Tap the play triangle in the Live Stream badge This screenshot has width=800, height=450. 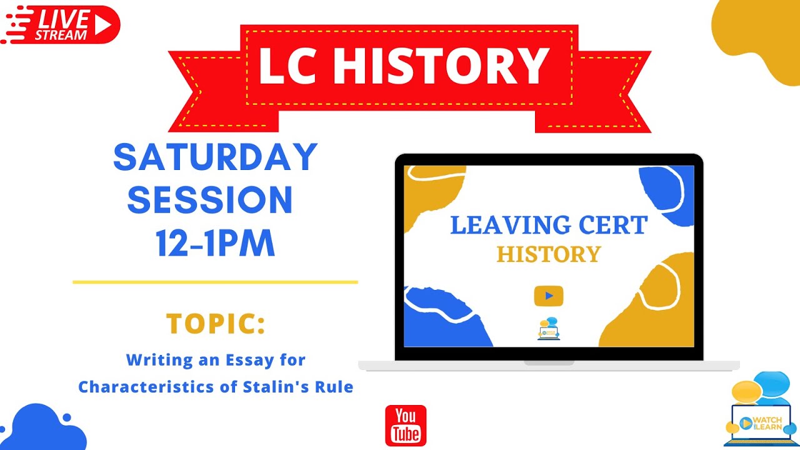click(104, 25)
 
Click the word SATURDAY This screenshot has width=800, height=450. click(215, 157)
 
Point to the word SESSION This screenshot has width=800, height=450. click(210, 200)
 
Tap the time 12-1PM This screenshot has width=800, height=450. click(215, 244)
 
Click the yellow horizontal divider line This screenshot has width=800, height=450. click(215, 282)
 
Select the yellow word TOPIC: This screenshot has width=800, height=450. click(215, 324)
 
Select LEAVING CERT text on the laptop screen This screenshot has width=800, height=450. click(548, 226)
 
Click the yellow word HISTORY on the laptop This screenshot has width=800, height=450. click(548, 254)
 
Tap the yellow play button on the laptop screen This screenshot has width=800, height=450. click(548, 296)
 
